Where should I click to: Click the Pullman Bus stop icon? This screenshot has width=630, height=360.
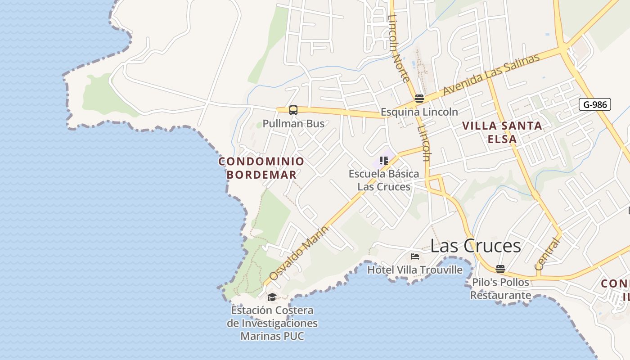pos(293,110)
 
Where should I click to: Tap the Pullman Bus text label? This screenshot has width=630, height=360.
pos(293,123)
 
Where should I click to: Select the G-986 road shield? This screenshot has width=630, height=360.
pos(595,105)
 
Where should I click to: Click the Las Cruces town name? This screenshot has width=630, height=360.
pos(476,246)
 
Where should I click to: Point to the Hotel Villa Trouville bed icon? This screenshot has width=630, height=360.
pos(415,256)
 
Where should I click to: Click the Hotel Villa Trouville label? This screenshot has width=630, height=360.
pos(415,270)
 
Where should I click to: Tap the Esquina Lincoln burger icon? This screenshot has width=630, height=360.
pos(419,99)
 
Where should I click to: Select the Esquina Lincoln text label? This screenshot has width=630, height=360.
pos(419,112)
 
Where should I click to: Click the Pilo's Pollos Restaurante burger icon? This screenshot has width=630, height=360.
pos(500,269)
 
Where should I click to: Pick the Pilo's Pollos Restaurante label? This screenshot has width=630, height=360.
pos(500,289)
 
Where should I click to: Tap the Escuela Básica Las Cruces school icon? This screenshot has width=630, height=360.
pos(383,160)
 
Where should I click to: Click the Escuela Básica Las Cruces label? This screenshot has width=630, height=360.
pos(384,180)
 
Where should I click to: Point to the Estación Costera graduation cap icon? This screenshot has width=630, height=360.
pos(272,297)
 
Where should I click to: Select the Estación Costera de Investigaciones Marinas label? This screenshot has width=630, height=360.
pos(272,323)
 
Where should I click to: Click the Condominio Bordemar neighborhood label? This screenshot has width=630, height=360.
pos(261,168)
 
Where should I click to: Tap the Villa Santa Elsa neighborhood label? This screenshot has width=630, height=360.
pos(502,132)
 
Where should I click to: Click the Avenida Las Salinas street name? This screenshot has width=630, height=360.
pos(491,75)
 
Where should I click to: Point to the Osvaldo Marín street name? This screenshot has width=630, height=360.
pos(299,253)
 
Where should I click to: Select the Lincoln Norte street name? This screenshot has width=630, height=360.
pos(399,49)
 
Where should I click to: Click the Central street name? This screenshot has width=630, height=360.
pos(548,254)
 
